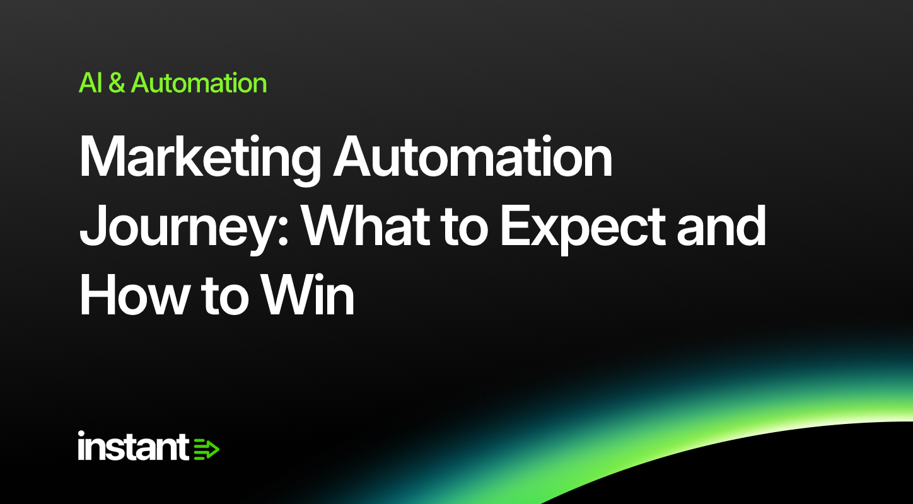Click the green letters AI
pos(90,83)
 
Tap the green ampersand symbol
pos(117,83)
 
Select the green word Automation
pos(199,83)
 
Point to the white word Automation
pos(473,156)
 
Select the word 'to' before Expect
pos(465,227)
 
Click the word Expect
pos(583,229)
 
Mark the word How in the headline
pos(133,294)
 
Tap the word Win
pos(307,294)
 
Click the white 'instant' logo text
pos(133,446)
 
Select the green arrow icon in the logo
pos(206,449)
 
